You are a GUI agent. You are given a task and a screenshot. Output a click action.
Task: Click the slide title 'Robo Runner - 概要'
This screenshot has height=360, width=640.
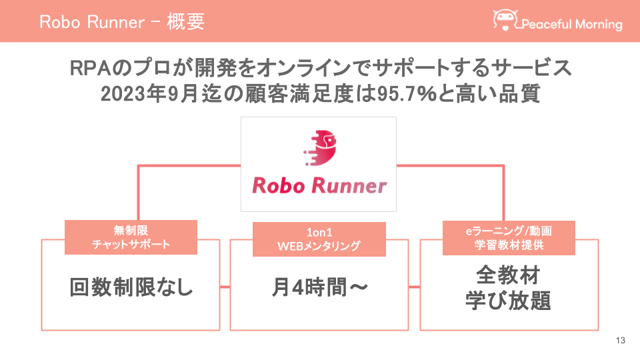pos(121,21)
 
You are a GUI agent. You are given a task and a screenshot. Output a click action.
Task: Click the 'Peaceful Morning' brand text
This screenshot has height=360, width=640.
pos(571,25)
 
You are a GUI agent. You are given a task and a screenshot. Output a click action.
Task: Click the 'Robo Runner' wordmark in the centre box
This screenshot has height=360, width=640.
pos(319,185)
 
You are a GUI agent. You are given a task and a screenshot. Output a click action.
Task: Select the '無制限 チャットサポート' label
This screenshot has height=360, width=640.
pos(131,237)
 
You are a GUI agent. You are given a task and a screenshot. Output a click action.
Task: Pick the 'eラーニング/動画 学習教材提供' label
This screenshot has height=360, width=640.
pos(509,237)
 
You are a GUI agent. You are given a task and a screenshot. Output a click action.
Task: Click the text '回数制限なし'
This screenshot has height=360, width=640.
pos(131,288)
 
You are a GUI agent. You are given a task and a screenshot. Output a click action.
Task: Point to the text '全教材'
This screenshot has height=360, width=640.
pos(508,275)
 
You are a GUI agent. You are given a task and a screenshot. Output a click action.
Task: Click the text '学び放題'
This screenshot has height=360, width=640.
pos(508,301)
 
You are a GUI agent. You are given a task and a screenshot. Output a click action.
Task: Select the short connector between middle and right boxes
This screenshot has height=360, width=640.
pos(413,287)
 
